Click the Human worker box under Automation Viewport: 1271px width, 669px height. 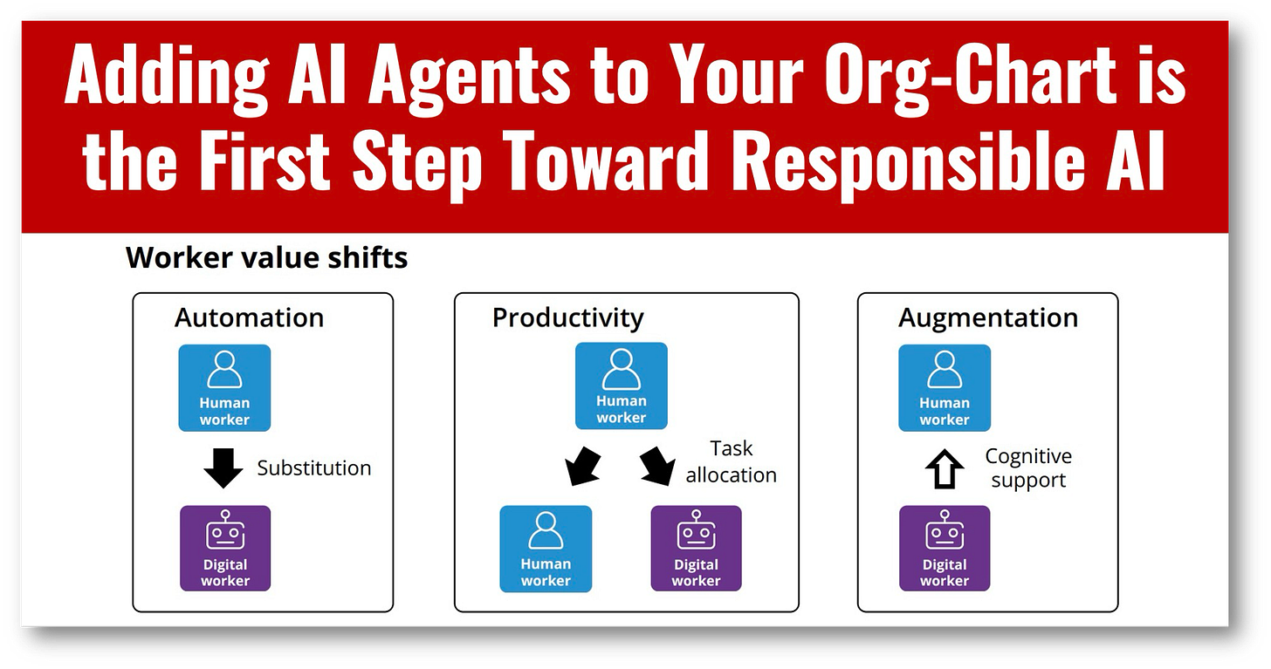224,388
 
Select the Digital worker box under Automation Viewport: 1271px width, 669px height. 224,549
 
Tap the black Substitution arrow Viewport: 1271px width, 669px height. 223,468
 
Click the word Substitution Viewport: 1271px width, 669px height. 313,468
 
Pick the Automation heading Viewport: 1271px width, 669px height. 249,317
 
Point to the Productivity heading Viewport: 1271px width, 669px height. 567,317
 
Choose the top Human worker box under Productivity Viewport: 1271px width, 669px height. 621,386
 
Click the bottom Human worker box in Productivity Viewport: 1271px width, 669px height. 545,549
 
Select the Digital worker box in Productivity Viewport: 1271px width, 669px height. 696,549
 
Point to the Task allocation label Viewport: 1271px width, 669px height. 731,461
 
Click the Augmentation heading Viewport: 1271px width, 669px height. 988,317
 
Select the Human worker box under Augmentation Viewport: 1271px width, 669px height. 945,388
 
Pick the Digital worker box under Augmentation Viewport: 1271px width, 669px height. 945,549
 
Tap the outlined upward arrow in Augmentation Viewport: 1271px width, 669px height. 945,468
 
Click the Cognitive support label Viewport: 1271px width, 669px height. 1028,468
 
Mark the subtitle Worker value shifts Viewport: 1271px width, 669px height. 266,258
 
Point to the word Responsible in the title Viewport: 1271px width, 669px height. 917,164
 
